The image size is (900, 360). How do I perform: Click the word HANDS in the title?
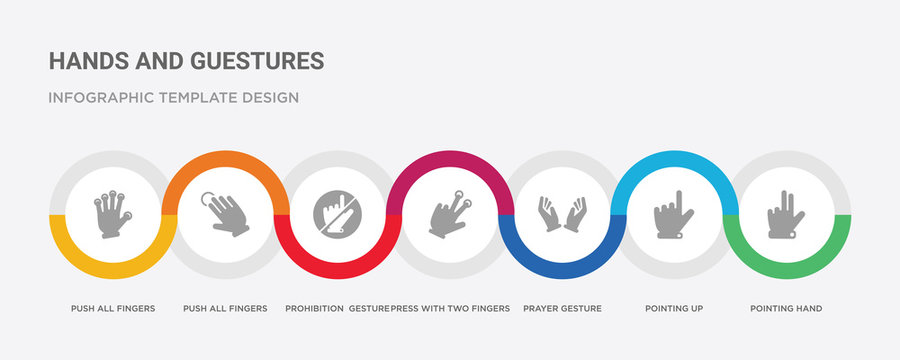(x=82, y=60)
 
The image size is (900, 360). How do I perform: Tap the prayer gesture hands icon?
(x=562, y=213)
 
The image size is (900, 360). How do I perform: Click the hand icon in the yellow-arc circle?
(x=113, y=212)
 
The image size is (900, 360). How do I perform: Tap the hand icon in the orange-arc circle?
(x=224, y=212)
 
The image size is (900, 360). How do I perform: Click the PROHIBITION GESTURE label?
(x=336, y=308)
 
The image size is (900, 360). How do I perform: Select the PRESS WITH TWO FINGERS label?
(x=450, y=308)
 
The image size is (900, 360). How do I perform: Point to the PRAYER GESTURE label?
(x=562, y=308)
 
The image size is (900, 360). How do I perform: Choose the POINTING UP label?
(x=674, y=308)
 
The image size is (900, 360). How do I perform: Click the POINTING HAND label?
(x=786, y=308)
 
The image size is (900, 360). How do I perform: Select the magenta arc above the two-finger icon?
(x=450, y=157)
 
